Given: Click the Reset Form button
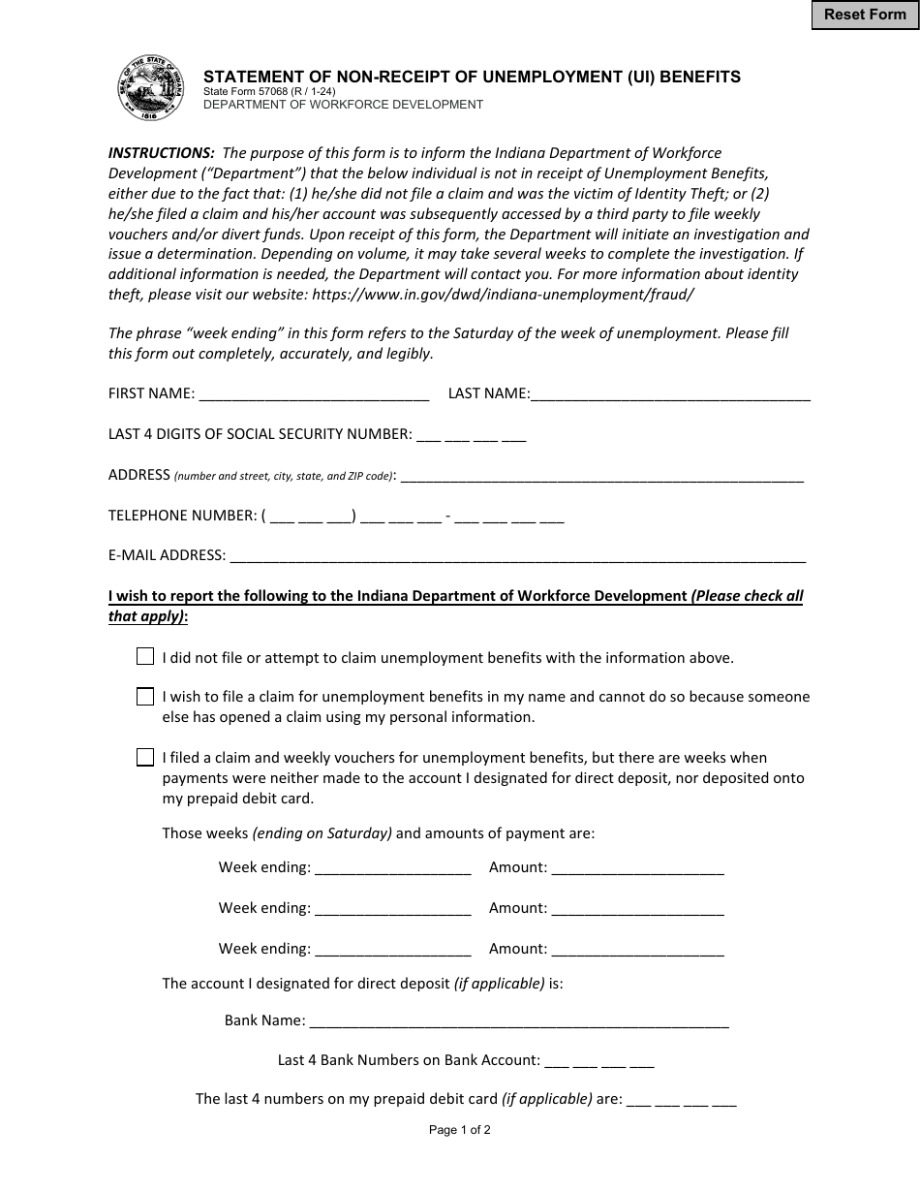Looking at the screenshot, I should click(x=865, y=16).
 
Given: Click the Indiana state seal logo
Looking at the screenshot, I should click(x=150, y=88).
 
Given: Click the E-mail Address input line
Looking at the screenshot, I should click(x=517, y=556).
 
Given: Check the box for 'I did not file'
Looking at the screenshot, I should click(x=145, y=657).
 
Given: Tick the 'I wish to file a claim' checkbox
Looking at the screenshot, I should click(x=145, y=697).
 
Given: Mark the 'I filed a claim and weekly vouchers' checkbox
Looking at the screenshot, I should click(x=145, y=758).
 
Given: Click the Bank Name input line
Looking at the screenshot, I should click(x=519, y=1020).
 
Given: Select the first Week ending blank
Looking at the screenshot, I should click(x=393, y=868).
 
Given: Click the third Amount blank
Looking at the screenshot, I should click(x=637, y=950).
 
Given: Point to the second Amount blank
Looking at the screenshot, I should click(x=637, y=909).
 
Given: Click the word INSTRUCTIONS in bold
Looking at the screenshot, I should click(x=162, y=153).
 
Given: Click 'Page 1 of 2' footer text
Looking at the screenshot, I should click(x=460, y=1129).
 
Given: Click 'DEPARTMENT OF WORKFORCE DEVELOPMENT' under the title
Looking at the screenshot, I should click(x=343, y=105).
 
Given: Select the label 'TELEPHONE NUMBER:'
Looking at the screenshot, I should click(x=182, y=516).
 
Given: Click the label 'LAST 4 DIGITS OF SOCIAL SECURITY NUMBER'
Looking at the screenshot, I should click(x=260, y=435).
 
